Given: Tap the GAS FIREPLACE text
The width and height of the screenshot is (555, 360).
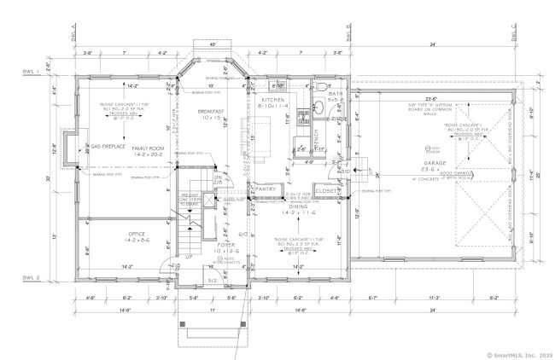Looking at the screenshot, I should pos(108,147).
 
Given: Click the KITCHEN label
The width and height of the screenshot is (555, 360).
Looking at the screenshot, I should pos(274,100).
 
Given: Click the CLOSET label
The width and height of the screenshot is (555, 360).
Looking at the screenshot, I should pos(325,189).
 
